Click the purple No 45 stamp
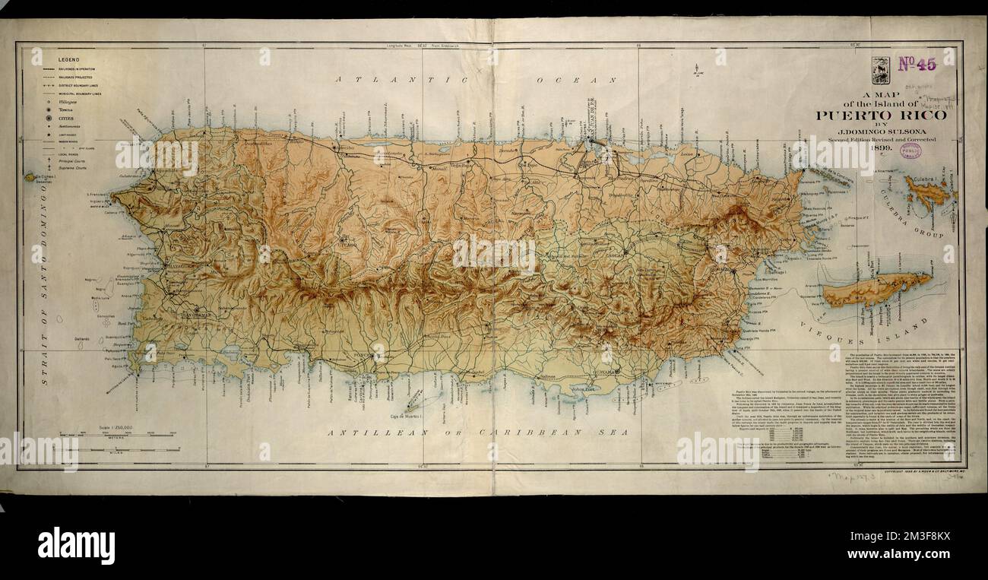click(x=917, y=65)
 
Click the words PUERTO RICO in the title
click(x=882, y=116)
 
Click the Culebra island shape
click(x=929, y=192)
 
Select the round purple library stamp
click(x=910, y=151)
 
